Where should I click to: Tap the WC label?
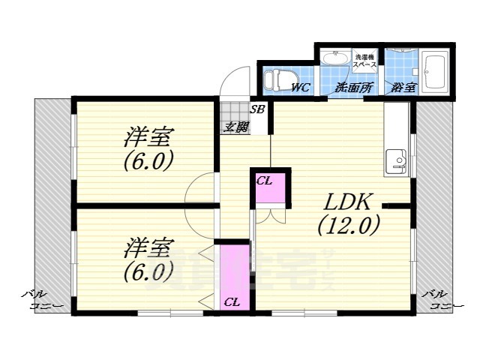click(301, 88)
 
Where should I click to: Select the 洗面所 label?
click(354, 88)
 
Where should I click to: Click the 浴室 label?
click(403, 88)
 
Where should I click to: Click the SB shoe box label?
click(257, 109)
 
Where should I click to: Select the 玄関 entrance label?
click(235, 127)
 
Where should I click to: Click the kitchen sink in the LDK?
click(395, 160)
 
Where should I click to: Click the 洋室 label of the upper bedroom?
click(149, 138)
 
